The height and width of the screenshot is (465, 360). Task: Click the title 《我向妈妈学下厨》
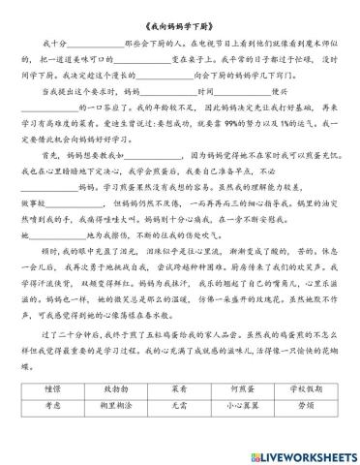coord(179,19)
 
